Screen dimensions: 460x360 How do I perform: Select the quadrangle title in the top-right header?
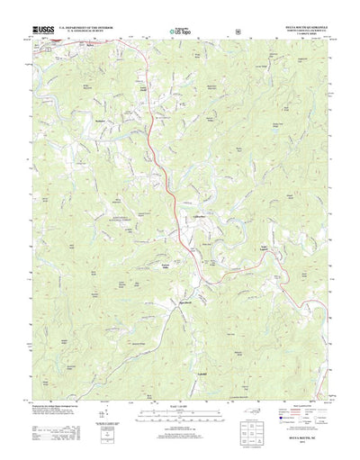307,28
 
